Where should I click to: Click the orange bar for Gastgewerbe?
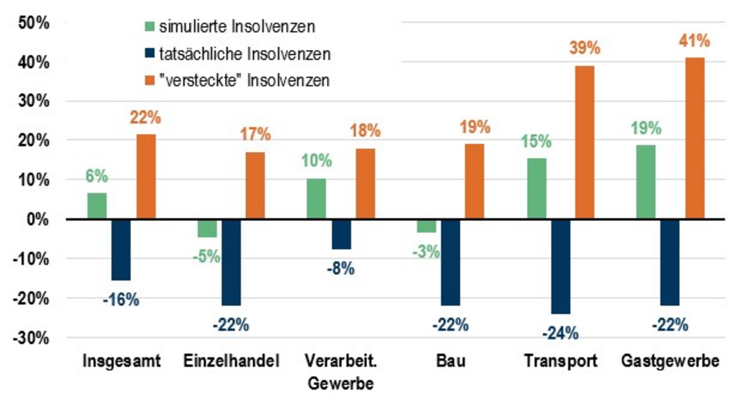[x=694, y=138]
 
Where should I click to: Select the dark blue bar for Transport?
[x=560, y=266]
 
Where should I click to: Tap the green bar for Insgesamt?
[x=97, y=206]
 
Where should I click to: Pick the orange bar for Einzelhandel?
[x=255, y=185]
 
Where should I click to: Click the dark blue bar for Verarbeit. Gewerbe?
[x=341, y=234]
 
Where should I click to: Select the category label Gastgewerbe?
[x=670, y=362]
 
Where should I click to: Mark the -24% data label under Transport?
[x=561, y=333]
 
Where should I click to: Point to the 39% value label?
[x=584, y=49]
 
